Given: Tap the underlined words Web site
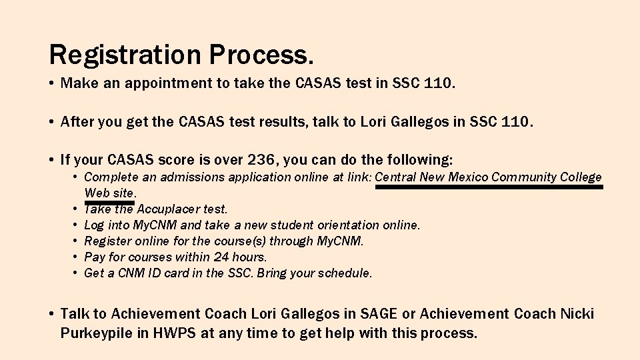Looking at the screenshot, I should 109,193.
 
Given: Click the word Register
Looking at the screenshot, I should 108,241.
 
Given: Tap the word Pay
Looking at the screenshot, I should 94,257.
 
